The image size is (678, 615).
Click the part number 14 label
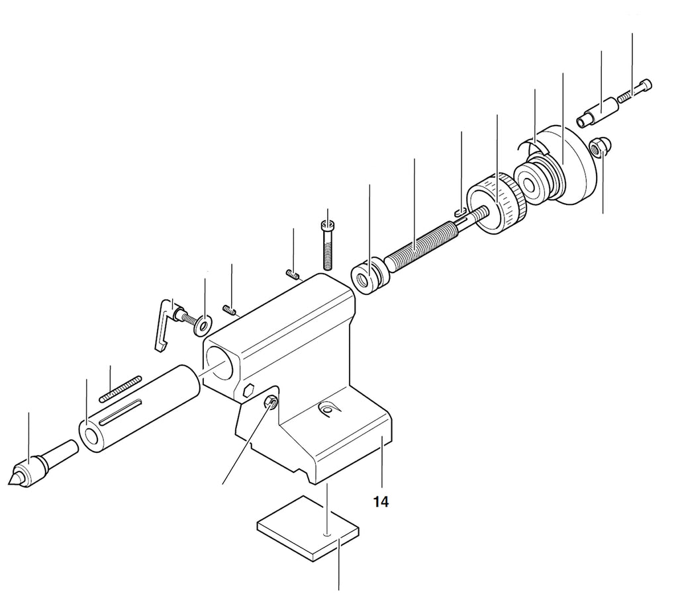tap(381, 502)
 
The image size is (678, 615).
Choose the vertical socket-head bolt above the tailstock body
tap(327, 245)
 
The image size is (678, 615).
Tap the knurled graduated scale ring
tap(498, 203)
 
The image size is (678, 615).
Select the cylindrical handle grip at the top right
tap(595, 113)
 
